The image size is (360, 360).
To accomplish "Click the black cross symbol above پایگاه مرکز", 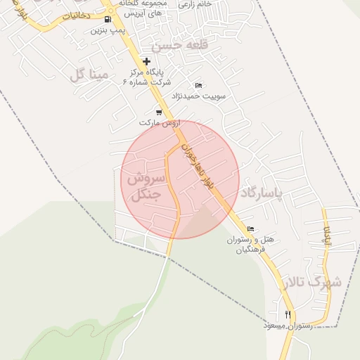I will (146, 61).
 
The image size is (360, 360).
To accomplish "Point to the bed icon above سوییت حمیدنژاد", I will (198, 85).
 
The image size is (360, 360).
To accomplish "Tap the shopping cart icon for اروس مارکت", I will (159, 112).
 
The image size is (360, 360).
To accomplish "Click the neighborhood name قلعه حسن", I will (186, 45).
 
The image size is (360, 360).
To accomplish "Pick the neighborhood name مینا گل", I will (89, 74).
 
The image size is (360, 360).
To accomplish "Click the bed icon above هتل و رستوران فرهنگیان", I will (251, 229).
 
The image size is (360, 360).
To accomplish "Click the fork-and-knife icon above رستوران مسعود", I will (288, 314).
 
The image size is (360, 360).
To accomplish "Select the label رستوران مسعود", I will (288, 326).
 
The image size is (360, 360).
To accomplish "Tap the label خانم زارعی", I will (196, 4).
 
